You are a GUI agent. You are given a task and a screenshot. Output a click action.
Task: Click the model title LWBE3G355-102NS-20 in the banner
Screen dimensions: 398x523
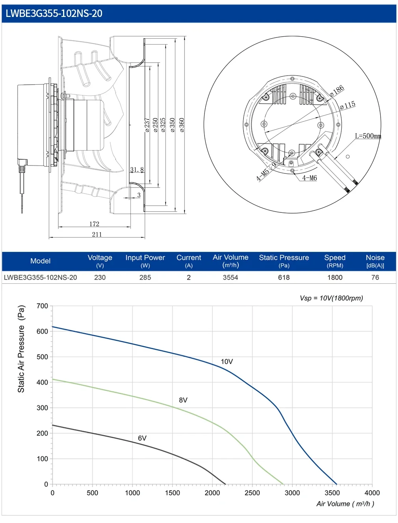tap(54, 13)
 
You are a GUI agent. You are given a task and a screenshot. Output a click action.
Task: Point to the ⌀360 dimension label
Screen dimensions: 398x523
tap(182, 125)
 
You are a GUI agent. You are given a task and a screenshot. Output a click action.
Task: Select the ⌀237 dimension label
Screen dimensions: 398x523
tap(147, 125)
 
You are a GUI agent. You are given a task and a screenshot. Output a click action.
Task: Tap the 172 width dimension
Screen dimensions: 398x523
tap(94, 224)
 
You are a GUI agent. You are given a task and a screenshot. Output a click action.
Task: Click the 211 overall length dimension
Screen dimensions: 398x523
tap(97, 234)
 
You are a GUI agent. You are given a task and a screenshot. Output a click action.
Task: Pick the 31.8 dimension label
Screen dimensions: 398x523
tap(137, 169)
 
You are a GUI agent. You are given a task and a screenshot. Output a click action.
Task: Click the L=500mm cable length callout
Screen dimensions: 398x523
tap(368, 136)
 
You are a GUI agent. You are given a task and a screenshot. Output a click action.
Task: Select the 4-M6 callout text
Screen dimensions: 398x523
tap(309, 178)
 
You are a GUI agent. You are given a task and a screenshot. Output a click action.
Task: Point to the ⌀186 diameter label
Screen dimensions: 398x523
tap(337, 91)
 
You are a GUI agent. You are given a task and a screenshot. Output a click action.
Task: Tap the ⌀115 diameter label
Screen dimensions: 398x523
tap(348, 105)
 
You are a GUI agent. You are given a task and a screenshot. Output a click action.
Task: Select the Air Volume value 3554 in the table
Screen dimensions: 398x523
tap(230, 277)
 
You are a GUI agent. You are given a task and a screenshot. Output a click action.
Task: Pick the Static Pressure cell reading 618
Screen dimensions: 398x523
tap(284, 277)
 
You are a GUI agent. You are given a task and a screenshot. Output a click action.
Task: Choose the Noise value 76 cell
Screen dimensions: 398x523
tap(375, 277)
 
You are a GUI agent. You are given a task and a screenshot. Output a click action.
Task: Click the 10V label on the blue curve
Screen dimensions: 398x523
tap(227, 361)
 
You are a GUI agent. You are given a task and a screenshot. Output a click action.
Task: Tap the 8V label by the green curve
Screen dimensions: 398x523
tap(183, 400)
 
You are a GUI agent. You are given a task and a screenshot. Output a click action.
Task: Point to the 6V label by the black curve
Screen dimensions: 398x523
tap(142, 438)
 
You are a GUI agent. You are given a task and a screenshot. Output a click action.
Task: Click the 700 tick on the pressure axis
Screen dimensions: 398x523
tap(42, 306)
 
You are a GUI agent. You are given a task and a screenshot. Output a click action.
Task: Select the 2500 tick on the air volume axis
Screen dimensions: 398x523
tap(252, 493)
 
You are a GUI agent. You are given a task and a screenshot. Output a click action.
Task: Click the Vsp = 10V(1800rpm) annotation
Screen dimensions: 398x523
tap(331, 298)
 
